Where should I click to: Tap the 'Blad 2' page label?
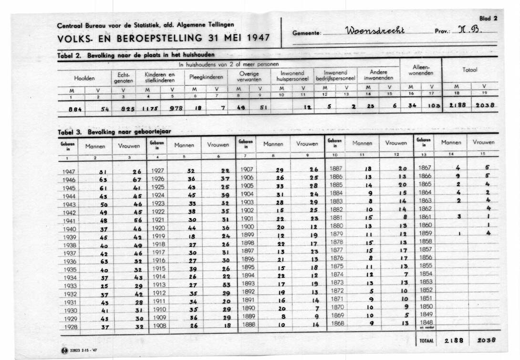coord(489,19)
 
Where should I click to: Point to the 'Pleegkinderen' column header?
coord(205,77)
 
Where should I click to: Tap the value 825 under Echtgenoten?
coord(121,108)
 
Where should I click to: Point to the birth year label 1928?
coord(70,327)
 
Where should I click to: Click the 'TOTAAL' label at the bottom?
coord(426,341)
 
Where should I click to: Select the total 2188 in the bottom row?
coord(454,341)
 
